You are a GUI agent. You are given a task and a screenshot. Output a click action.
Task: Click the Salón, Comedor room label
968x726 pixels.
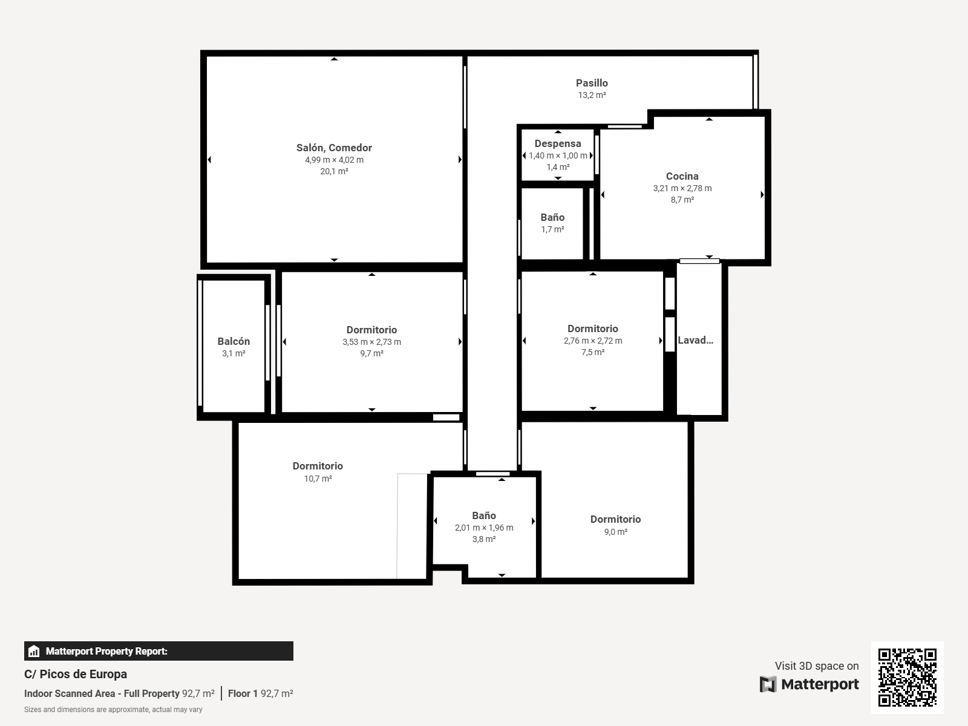(x=334, y=148)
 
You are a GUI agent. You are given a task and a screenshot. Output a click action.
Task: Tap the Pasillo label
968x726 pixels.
(x=592, y=83)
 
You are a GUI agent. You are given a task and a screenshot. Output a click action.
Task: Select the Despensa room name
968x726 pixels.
(x=558, y=143)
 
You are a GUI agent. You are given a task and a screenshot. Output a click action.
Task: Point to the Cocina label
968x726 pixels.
(x=682, y=176)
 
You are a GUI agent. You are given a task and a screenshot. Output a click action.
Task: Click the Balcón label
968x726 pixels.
(x=234, y=341)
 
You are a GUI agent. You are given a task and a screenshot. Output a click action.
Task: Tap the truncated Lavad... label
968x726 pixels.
(x=696, y=340)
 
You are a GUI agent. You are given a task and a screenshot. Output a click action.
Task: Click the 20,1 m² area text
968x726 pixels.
(x=335, y=171)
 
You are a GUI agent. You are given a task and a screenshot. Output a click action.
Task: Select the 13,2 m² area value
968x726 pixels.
(x=592, y=95)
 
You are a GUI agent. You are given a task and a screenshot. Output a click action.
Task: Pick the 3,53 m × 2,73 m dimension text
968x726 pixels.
(x=371, y=342)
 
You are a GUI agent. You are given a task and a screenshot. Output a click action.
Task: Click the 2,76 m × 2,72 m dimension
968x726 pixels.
(x=593, y=340)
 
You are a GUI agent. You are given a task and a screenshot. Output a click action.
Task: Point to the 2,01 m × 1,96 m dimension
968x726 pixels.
(x=484, y=527)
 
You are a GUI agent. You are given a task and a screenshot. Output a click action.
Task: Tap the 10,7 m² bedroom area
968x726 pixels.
(x=318, y=479)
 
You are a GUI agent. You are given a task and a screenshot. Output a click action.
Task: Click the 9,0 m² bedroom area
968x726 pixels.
(x=616, y=532)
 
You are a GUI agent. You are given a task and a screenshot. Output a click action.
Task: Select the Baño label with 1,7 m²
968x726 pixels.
(x=552, y=217)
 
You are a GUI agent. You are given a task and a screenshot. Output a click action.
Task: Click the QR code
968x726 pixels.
(x=907, y=677)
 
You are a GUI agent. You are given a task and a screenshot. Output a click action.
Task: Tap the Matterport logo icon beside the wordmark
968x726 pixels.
(x=768, y=684)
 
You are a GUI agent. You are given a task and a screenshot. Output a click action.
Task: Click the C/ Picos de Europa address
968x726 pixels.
(x=76, y=674)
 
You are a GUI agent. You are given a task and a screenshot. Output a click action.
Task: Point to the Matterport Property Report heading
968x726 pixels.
(x=106, y=651)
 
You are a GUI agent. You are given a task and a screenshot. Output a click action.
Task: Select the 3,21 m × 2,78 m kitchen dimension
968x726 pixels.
(x=682, y=188)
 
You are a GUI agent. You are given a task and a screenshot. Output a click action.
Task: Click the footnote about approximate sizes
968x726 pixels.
(x=113, y=710)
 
